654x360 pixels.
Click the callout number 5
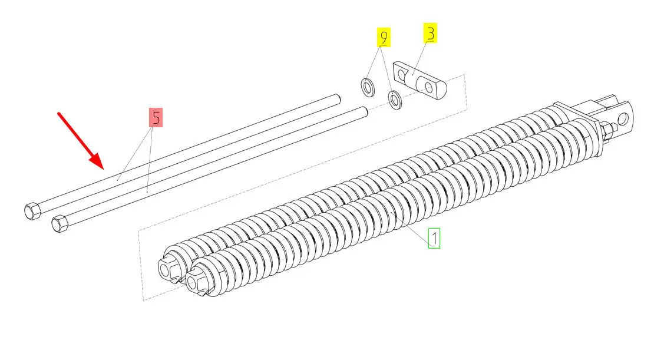(x=156, y=118)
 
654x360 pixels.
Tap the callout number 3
(x=431, y=34)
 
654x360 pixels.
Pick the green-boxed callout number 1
(x=434, y=239)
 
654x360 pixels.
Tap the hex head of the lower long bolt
(x=60, y=223)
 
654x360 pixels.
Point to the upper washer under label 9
(x=369, y=87)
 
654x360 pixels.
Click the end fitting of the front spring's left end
(x=196, y=282)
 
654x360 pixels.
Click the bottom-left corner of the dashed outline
(x=144, y=300)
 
